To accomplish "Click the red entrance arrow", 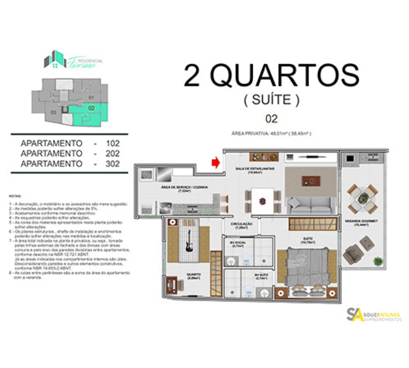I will tap(216, 163).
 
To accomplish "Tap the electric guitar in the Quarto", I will tap(189, 240).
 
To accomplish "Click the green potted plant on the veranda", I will tap(378, 260).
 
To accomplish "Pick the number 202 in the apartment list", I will tap(112, 154).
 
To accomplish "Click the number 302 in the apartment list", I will tap(112, 164).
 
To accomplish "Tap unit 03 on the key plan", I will tap(53, 112).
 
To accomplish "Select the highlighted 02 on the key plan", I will tap(92, 108).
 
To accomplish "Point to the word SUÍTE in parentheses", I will tap(272, 100).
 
